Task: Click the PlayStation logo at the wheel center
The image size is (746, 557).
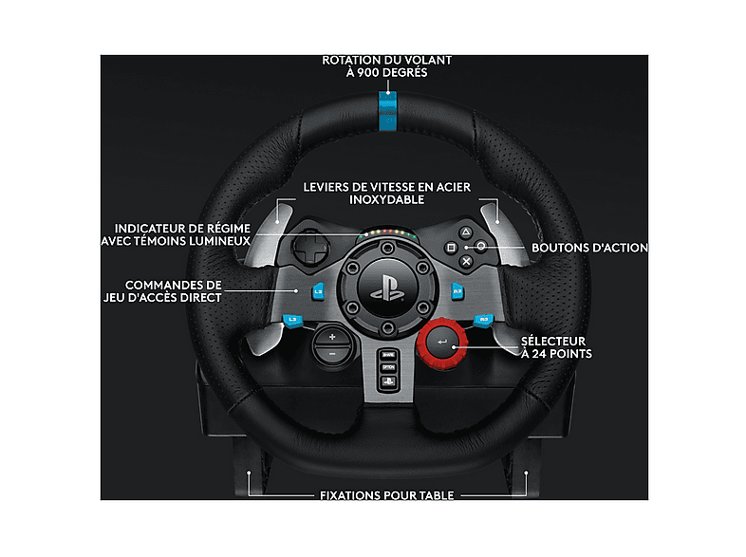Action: pyautogui.click(x=388, y=289)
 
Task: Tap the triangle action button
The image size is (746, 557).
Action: pyautogui.click(x=466, y=232)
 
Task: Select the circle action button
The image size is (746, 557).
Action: pyautogui.click(x=481, y=247)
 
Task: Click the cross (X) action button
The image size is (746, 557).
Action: pyautogui.click(x=466, y=261)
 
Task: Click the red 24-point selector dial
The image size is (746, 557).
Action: pyautogui.click(x=442, y=343)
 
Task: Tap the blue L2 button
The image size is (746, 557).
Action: pyautogui.click(x=318, y=291)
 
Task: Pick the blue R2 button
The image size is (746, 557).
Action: pyautogui.click(x=457, y=291)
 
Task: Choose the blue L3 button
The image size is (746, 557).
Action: pyautogui.click(x=292, y=321)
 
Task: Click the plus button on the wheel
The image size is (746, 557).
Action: pyautogui.click(x=332, y=337)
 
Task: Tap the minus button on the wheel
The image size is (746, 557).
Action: pyautogui.click(x=332, y=354)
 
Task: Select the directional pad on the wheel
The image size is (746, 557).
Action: pyautogui.click(x=310, y=248)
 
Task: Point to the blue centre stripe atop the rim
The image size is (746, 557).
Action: pyautogui.click(x=388, y=111)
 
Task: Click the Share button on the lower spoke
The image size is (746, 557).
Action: pyautogui.click(x=388, y=355)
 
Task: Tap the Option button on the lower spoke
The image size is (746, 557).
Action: pyautogui.click(x=388, y=367)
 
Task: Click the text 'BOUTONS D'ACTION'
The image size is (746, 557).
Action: pyautogui.click(x=589, y=248)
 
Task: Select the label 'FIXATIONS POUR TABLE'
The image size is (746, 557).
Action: pyautogui.click(x=387, y=495)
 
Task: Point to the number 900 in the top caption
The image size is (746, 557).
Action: pyautogui.click(x=367, y=73)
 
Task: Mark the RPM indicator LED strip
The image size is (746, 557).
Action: pyautogui.click(x=388, y=233)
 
